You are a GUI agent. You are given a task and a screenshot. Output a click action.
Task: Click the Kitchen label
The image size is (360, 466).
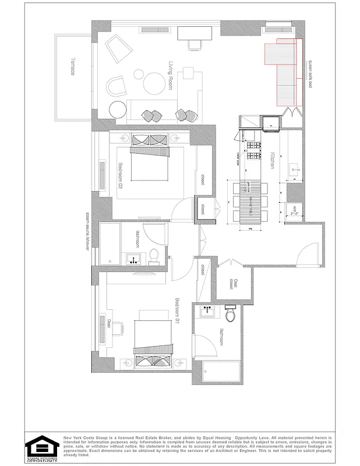272,160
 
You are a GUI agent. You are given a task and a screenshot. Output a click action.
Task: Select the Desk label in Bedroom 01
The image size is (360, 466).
109,323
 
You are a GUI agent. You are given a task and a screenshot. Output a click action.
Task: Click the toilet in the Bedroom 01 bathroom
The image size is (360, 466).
230,315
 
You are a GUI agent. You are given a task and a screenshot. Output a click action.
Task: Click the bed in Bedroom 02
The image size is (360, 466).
149,164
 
